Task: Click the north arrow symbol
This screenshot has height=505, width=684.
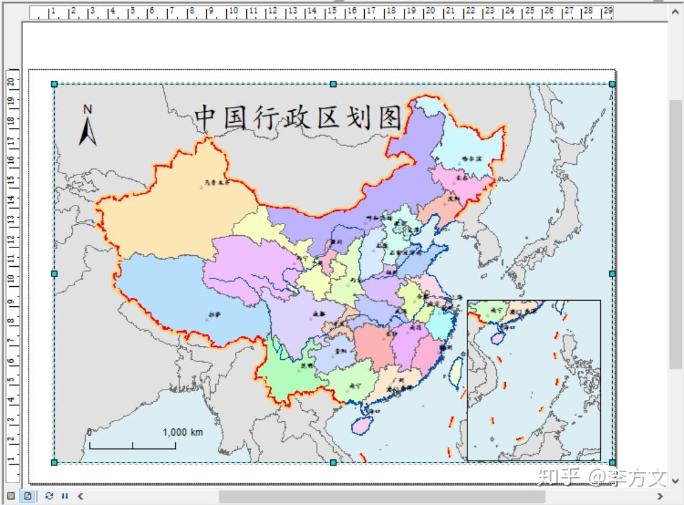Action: [88, 127]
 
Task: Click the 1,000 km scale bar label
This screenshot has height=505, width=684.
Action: [182, 432]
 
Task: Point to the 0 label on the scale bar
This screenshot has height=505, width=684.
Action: [89, 432]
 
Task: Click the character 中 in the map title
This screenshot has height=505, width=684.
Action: [206, 117]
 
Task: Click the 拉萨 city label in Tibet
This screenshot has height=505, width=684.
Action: [213, 315]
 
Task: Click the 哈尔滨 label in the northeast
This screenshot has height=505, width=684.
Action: [471, 158]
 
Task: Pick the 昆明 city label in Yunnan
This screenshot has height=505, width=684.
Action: [306, 366]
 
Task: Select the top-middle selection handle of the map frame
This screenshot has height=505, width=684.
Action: [333, 84]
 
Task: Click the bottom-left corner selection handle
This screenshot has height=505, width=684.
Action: [54, 462]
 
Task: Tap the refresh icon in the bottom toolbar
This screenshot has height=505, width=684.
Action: [49, 496]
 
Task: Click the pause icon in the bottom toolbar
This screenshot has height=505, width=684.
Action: [64, 496]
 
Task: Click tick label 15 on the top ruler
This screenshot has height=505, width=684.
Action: [332, 11]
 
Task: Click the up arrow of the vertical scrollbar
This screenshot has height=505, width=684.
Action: [675, 11]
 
